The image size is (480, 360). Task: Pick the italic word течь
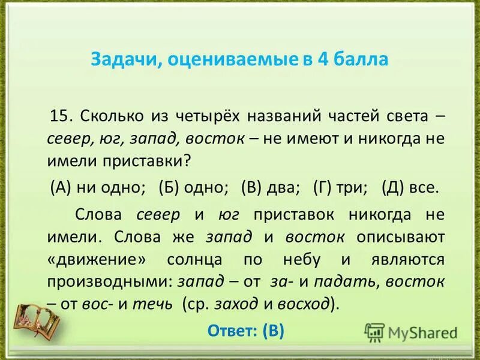pyautogui.click(x=155, y=304)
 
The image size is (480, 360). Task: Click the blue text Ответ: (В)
pyautogui.click(x=245, y=331)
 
